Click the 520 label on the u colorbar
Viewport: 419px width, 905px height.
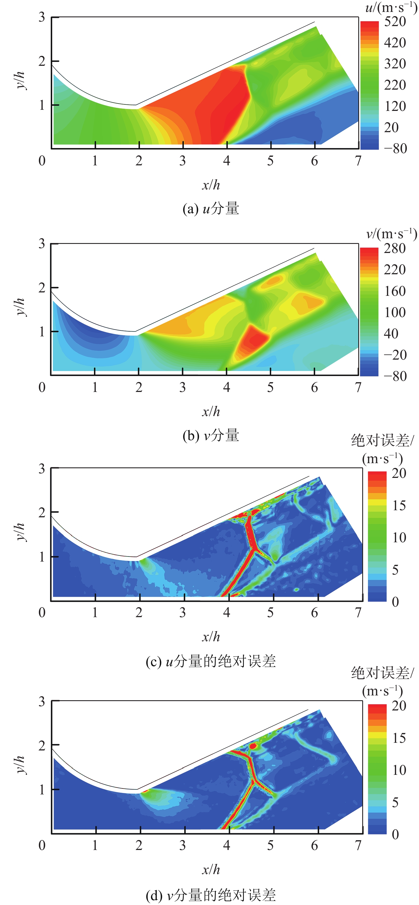(x=395, y=22)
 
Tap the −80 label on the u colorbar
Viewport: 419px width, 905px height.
(x=395, y=149)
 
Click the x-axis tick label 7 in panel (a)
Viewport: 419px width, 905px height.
(x=358, y=161)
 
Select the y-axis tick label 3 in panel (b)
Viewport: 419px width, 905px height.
(x=42, y=243)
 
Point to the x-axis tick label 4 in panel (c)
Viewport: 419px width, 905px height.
(x=226, y=613)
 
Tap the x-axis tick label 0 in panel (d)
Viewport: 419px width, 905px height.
(x=42, y=845)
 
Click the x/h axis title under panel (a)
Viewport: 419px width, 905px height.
(x=211, y=185)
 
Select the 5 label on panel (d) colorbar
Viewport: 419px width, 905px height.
(x=395, y=802)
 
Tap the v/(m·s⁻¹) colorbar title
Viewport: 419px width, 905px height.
(x=391, y=234)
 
